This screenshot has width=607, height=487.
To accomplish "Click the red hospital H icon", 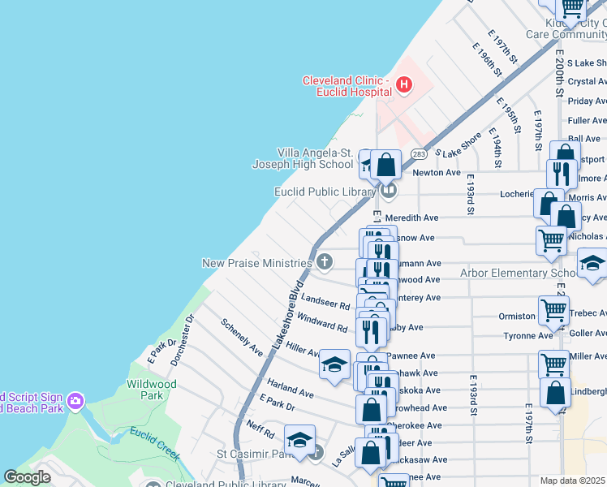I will (x=404, y=84).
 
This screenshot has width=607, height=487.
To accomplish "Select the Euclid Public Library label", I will (x=325, y=192).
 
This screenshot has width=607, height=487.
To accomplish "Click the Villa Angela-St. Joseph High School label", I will (x=303, y=158).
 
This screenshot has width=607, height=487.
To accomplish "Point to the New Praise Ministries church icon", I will (x=325, y=261).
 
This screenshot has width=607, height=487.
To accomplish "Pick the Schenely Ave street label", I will (x=242, y=337).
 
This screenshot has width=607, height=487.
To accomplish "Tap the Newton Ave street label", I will (x=437, y=173).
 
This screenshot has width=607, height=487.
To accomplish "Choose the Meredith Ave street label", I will (x=411, y=218).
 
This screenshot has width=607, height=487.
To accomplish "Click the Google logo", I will (x=28, y=477).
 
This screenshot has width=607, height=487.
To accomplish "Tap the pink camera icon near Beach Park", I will (x=75, y=400).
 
